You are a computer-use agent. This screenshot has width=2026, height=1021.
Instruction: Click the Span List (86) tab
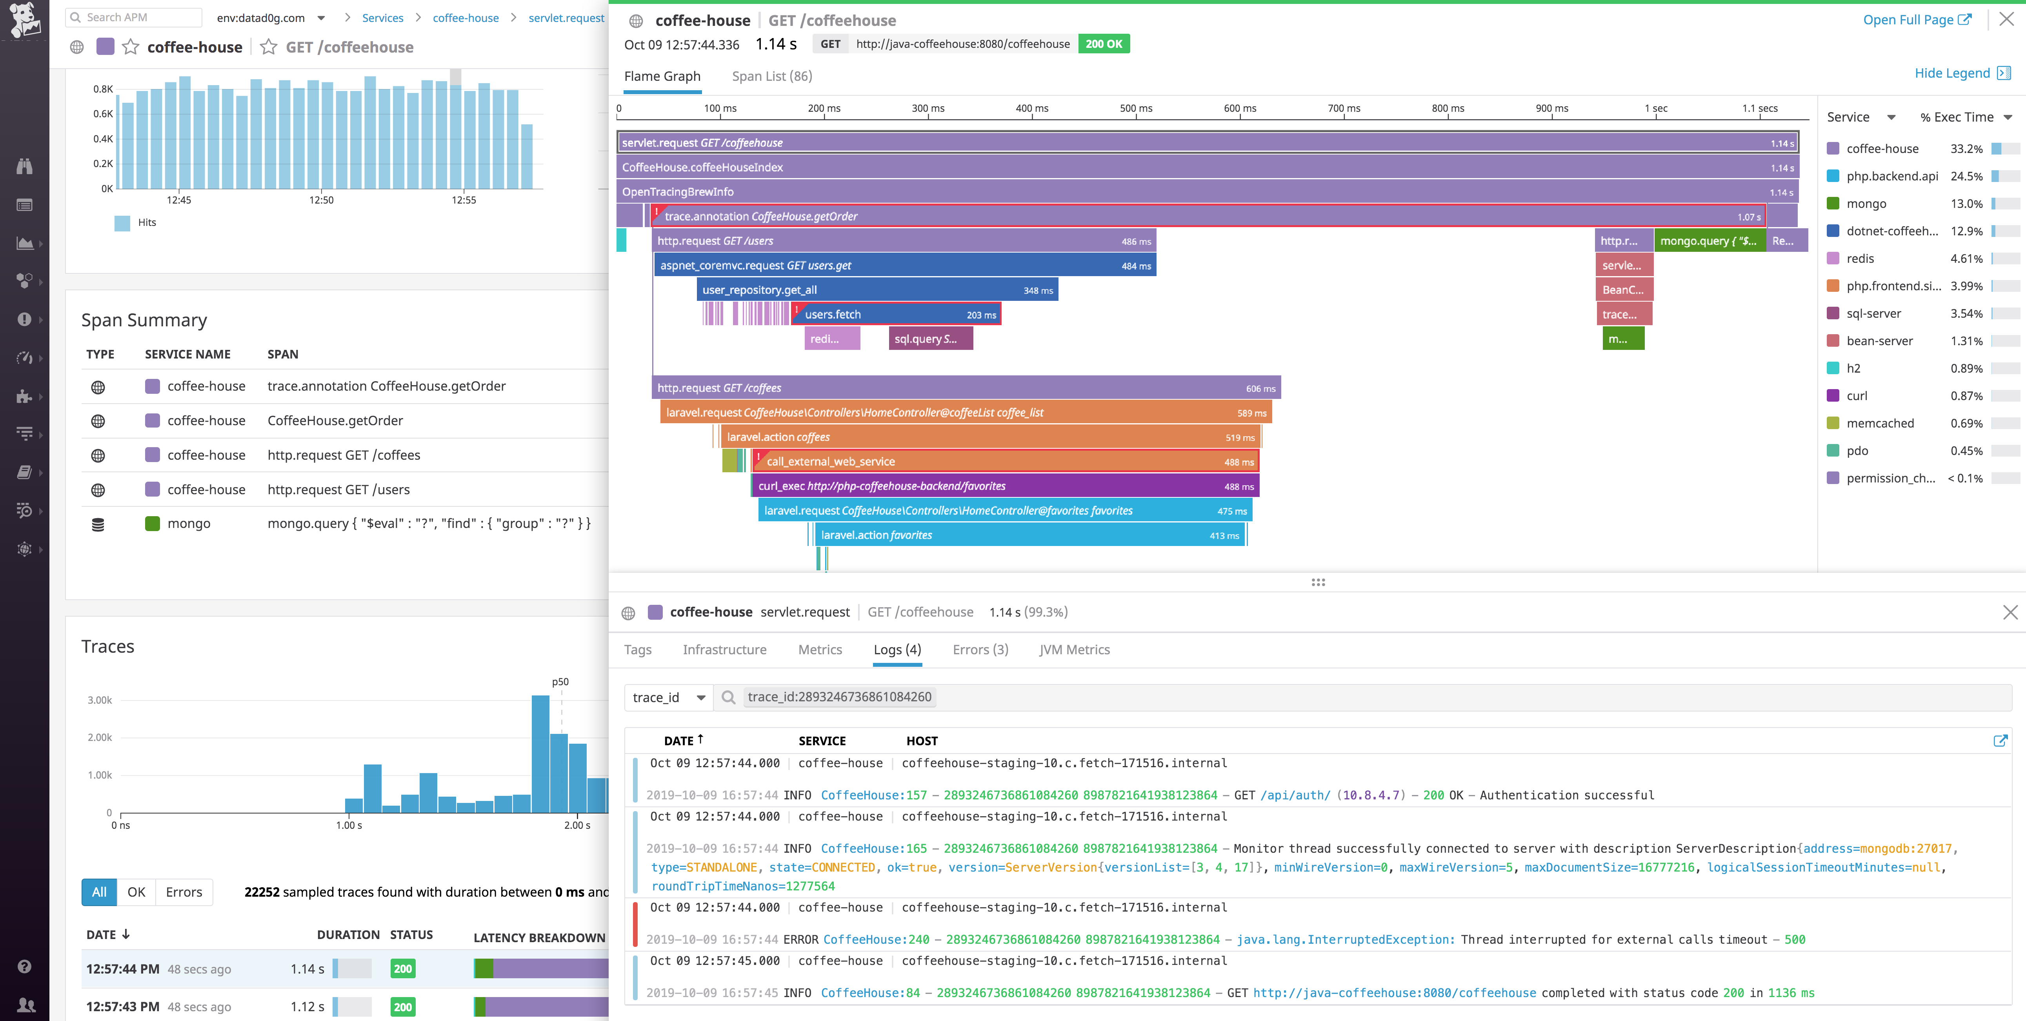pos(771,76)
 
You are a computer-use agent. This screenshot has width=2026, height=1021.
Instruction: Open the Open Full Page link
pos(1916,20)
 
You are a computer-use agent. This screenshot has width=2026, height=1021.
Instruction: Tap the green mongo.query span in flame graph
pos(1708,241)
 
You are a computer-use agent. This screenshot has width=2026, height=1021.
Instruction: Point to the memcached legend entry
pos(1880,423)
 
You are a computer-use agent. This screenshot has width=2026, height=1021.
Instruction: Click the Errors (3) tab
pos(980,650)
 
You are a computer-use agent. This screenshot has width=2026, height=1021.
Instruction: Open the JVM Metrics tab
pos(1074,650)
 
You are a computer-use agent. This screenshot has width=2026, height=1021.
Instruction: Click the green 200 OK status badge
pos(1104,44)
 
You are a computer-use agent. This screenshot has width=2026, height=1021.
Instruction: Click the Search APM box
pos(134,17)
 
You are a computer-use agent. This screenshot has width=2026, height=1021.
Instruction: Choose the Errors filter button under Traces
pos(184,892)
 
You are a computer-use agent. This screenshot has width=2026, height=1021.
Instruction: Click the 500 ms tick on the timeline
pos(1136,109)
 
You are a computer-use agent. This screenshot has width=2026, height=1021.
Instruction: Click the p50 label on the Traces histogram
pos(560,682)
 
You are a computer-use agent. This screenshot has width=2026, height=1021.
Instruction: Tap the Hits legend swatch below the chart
pos(122,223)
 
